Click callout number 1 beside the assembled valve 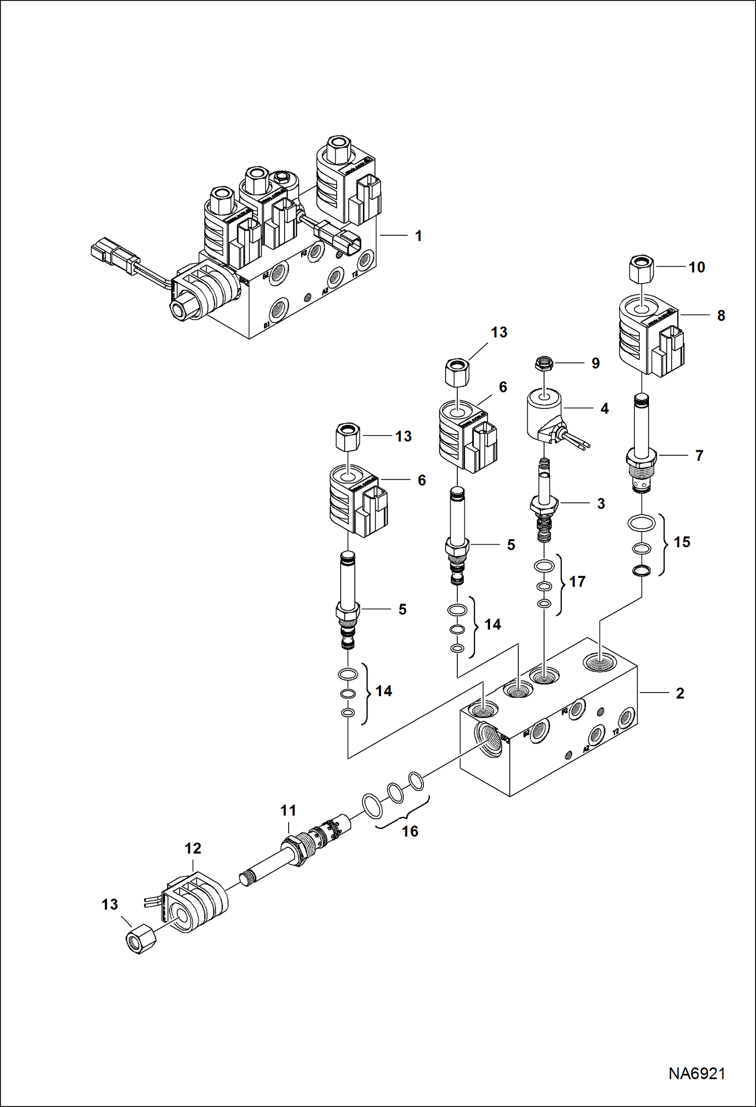point(418,236)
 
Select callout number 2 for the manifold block point(680,694)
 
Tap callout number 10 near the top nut point(696,267)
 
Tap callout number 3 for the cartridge point(601,503)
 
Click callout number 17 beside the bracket point(577,582)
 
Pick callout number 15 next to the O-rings point(682,542)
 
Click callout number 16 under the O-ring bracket point(410,831)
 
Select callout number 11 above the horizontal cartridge point(288,811)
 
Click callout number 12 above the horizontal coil point(193,849)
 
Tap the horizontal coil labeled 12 point(197,904)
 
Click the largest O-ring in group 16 point(371,805)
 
